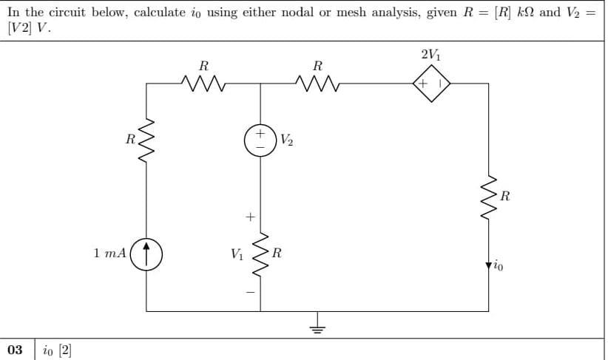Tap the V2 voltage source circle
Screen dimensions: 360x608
click(x=260, y=140)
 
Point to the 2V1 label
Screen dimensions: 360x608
click(x=430, y=55)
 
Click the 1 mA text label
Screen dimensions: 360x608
click(x=110, y=253)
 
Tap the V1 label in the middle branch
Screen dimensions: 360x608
click(x=236, y=254)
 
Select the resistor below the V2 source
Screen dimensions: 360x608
click(x=260, y=254)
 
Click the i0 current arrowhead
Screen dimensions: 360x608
click(x=487, y=264)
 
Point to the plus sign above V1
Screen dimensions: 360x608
click(x=250, y=217)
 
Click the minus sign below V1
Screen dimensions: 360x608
click(x=250, y=291)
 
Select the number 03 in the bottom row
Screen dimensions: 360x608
click(x=15, y=348)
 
